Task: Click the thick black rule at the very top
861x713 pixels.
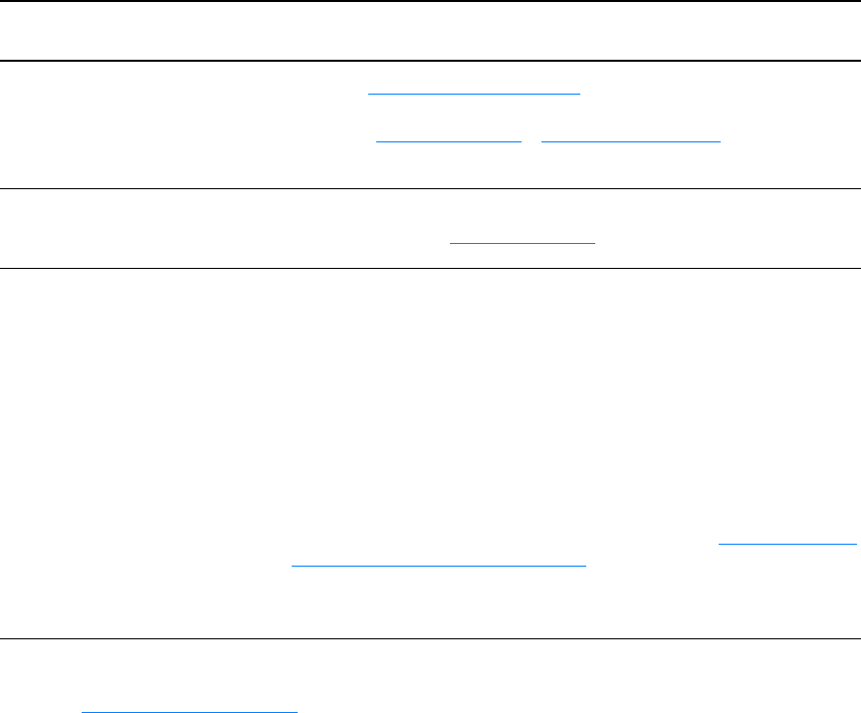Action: (430, 1)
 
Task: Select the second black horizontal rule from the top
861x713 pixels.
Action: (430, 61)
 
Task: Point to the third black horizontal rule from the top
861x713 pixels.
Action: (430, 188)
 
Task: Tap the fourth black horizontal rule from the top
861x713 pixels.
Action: (430, 268)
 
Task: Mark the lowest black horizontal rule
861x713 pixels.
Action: (430, 638)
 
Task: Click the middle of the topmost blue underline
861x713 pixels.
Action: (474, 93)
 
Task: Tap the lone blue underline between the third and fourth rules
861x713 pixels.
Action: (523, 242)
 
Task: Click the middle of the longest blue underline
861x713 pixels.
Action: (439, 566)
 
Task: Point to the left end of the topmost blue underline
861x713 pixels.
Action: (369, 93)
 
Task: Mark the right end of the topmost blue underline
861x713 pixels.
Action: (579, 93)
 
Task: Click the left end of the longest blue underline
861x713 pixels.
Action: (292, 566)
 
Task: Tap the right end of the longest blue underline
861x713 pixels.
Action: (586, 566)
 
